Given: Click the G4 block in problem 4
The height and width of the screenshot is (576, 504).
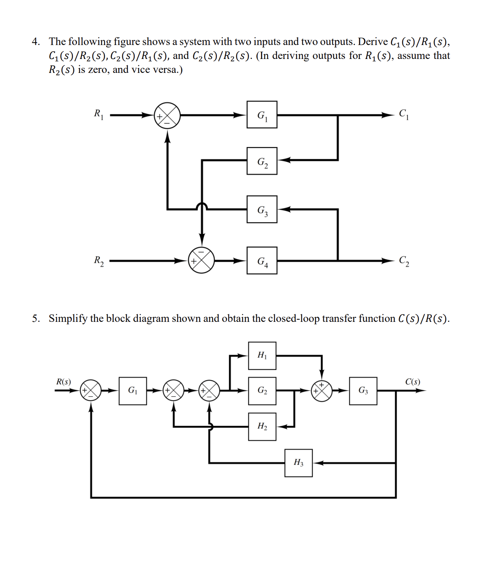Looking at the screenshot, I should pyautogui.click(x=262, y=261).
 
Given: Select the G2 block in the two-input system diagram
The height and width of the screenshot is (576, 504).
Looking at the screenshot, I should pyautogui.click(x=262, y=161).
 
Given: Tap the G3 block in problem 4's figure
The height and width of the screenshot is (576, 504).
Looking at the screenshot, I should pyautogui.click(x=262, y=210).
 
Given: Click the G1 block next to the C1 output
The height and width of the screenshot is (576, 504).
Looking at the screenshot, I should pyautogui.click(x=262, y=115).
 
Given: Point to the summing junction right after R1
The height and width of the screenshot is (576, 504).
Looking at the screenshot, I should pyautogui.click(x=167, y=115).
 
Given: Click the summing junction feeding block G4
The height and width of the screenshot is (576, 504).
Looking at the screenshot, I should pyautogui.click(x=201, y=261).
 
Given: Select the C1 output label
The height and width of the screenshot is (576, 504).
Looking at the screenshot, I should pyautogui.click(x=404, y=114).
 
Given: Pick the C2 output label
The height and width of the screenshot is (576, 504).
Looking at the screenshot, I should pyautogui.click(x=404, y=261).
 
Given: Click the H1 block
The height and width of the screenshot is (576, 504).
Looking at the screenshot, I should pyautogui.click(x=262, y=355).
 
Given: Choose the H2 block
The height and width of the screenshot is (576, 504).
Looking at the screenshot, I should pyautogui.click(x=262, y=427).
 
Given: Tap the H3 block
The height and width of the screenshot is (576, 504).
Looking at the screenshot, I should pyautogui.click(x=298, y=463).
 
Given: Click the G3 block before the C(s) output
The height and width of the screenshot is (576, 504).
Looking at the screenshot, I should pyautogui.click(x=363, y=391).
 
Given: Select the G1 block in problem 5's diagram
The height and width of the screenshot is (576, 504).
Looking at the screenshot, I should pyautogui.click(x=133, y=391).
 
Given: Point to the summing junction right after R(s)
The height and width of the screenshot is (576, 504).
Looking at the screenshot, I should pyautogui.click(x=91, y=390).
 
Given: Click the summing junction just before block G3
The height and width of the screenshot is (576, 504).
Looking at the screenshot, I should pyautogui.click(x=322, y=391).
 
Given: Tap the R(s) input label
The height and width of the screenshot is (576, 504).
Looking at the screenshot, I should pyautogui.click(x=63, y=382).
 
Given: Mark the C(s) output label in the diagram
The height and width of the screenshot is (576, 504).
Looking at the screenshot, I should pyautogui.click(x=413, y=382).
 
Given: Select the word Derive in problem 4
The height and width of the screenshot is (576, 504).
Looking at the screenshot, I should pyautogui.click(x=373, y=42).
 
